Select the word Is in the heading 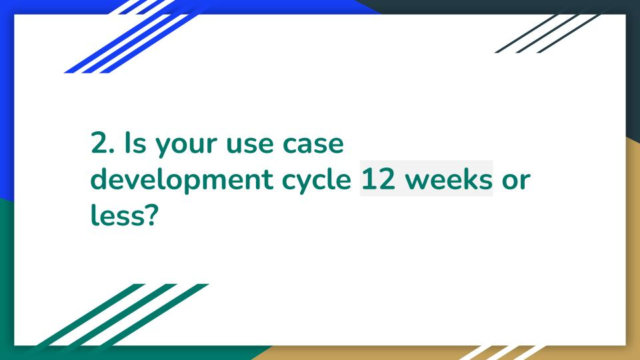135,143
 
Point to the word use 249,146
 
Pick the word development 181,179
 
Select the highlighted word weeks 449,179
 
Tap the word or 516,181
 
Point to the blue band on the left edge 7,102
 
